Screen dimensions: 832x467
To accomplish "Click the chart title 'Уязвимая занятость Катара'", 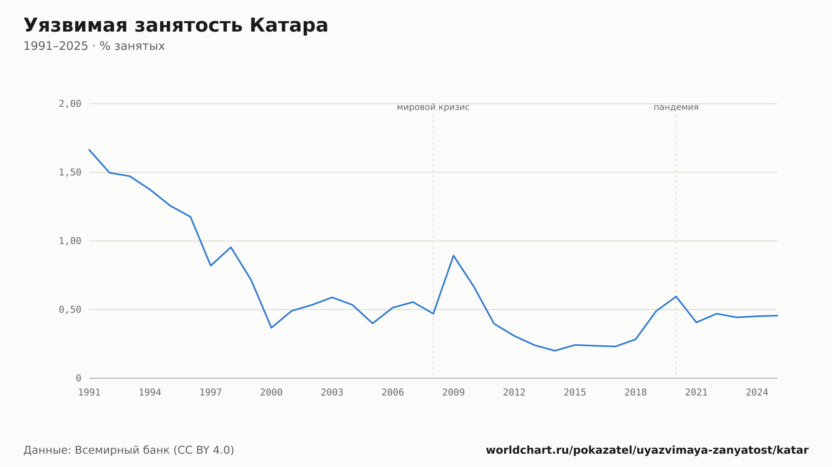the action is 176,26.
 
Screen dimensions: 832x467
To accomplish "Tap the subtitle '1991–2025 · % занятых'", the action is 94,46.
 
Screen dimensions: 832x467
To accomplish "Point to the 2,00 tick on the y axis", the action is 70,104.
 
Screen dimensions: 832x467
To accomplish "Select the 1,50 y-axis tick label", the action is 70,172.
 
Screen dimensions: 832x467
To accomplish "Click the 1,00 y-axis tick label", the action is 70,241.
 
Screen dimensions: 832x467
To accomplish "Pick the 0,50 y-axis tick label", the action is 70,310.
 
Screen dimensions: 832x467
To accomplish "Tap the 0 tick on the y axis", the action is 79,379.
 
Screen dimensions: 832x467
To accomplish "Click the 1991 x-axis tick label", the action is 89,393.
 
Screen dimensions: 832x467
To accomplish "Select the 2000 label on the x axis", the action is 271,393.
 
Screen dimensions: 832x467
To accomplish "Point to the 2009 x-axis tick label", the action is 453,393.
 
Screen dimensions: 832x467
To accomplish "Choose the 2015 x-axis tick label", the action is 575,393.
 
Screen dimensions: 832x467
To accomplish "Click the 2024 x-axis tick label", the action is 757,393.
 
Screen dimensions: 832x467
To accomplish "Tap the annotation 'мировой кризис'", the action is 433,108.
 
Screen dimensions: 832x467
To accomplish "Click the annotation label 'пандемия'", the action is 676,108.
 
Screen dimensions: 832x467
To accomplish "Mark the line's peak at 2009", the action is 453,256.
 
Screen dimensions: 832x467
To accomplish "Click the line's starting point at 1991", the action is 89,150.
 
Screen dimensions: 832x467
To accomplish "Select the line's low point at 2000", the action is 271,328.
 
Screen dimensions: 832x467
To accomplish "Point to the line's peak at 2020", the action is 676,297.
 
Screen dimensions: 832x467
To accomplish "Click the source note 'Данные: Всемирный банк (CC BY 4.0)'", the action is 129,450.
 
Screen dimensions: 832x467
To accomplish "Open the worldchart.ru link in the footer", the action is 647,450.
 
